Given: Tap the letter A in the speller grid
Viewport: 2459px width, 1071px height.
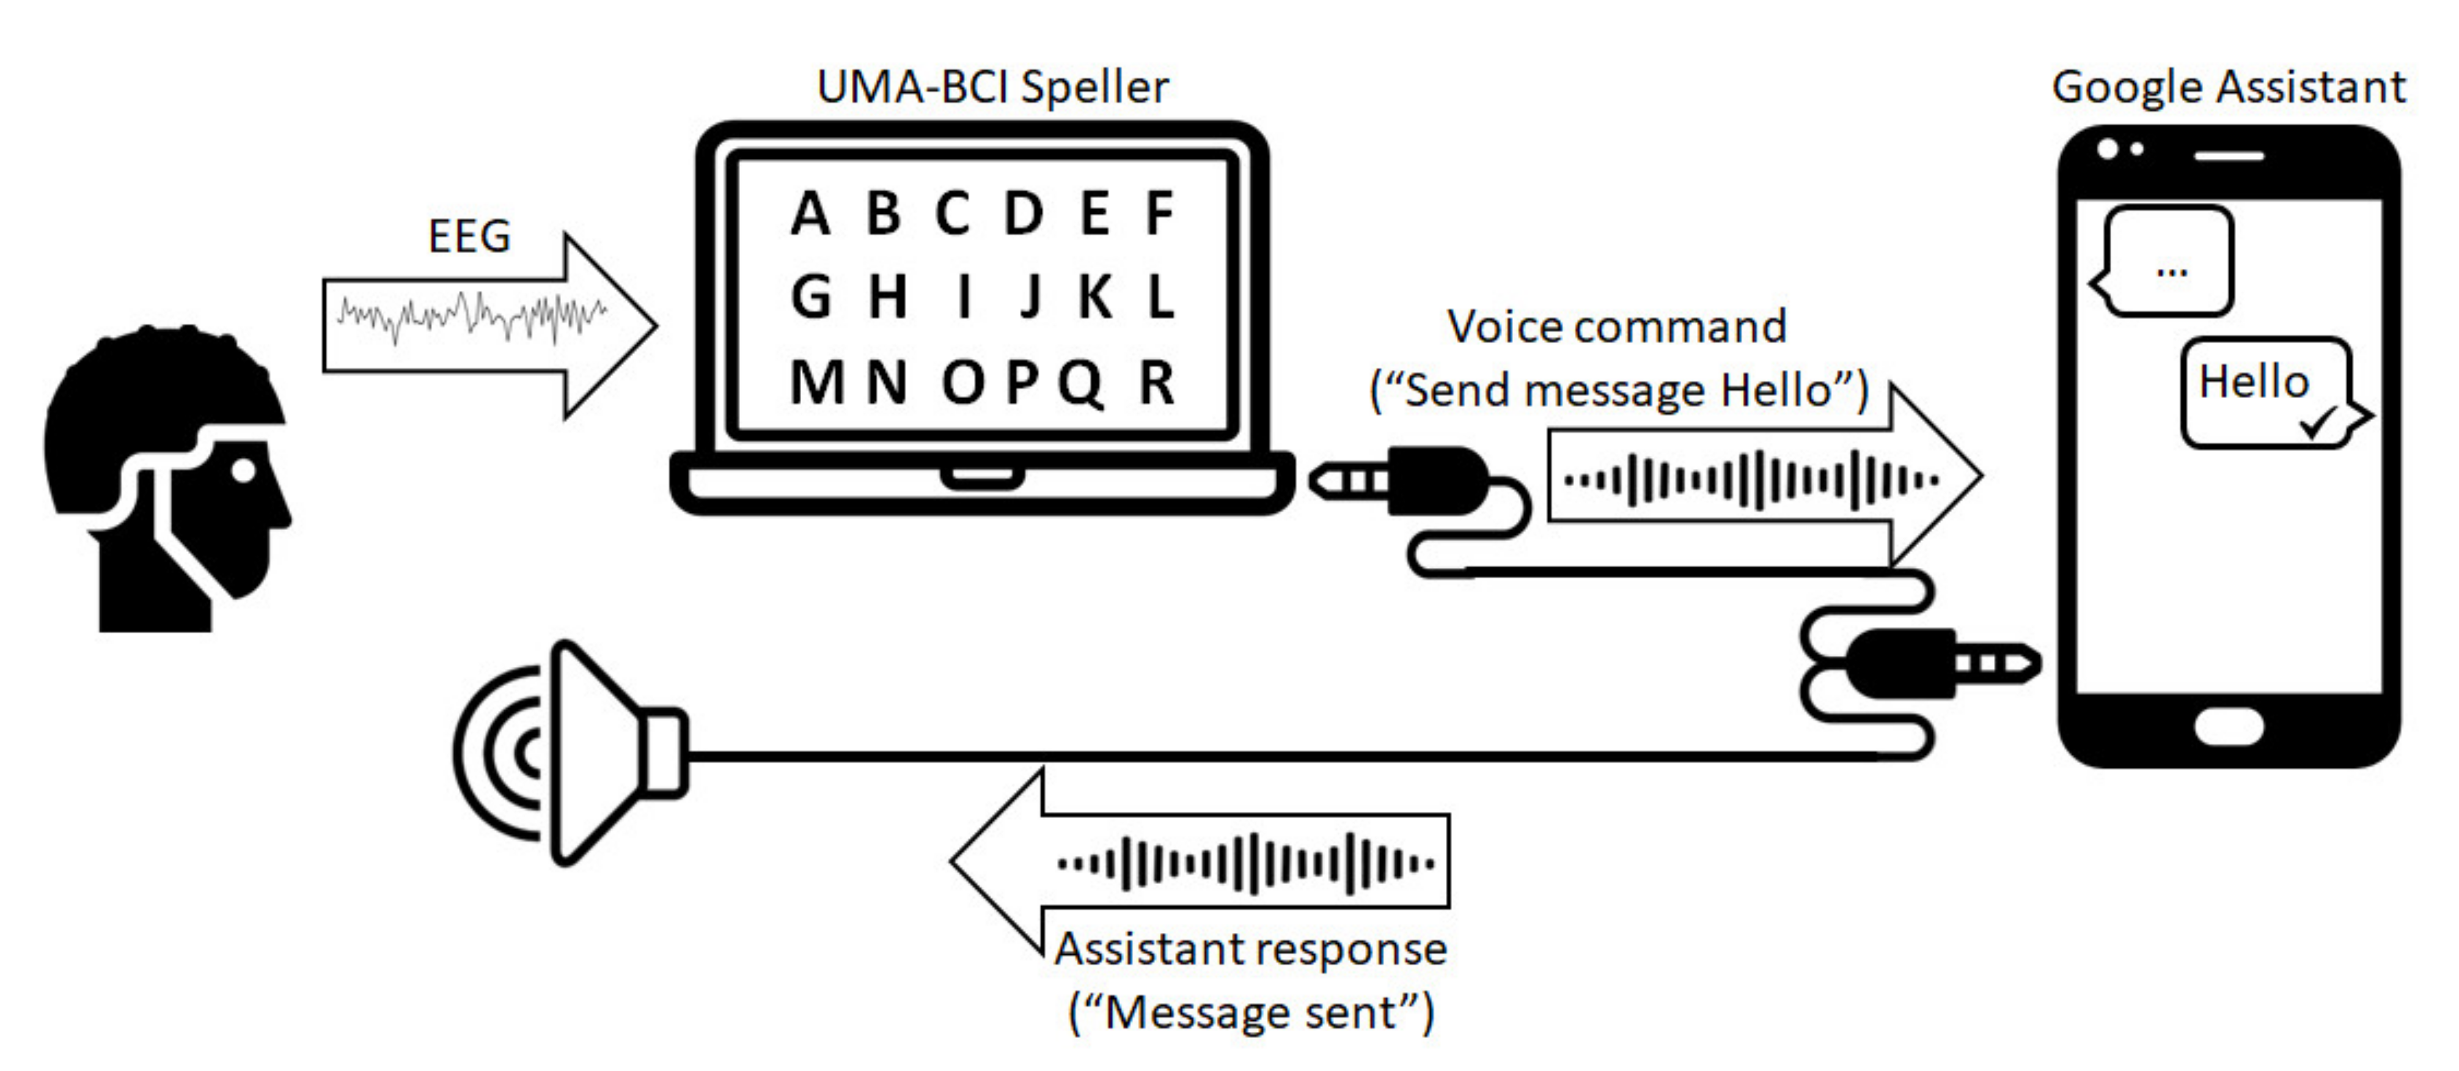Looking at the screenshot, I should [x=810, y=214].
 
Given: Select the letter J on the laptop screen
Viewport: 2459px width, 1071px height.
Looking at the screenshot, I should [x=1029, y=297].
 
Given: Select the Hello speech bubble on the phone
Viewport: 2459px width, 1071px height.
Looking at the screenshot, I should [x=2264, y=391].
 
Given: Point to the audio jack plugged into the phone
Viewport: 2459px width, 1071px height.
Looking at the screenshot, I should [x=1943, y=663].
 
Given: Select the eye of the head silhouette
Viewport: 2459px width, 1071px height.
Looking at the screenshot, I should [x=244, y=469].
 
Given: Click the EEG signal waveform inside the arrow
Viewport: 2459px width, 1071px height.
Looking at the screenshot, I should [x=472, y=317].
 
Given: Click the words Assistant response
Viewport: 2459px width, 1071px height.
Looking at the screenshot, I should [x=1250, y=949].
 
